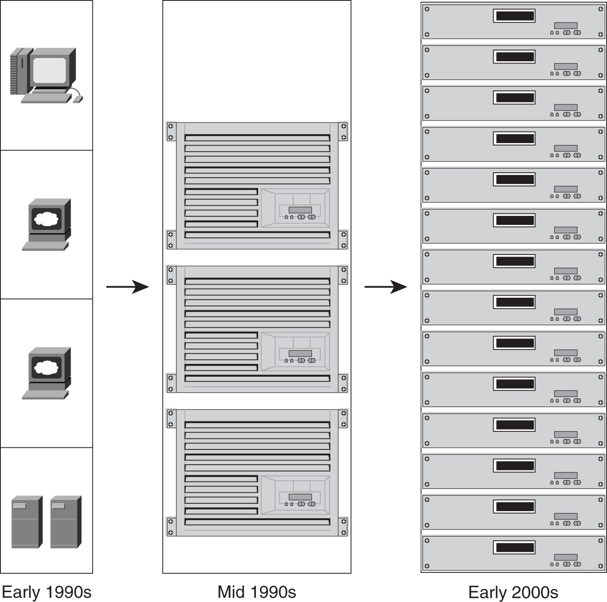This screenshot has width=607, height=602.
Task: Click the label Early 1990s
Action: coord(46,592)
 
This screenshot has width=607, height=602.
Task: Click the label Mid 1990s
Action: coord(257,592)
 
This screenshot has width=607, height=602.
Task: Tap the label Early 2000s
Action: coord(513,592)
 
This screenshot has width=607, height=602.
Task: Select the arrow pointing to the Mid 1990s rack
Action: coord(127,287)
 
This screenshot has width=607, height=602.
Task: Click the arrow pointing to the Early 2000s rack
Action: coord(386,287)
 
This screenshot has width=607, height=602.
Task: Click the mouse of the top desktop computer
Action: coord(78,99)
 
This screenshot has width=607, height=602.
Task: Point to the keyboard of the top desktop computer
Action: coord(46,98)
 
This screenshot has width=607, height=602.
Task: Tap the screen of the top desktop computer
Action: coord(49,70)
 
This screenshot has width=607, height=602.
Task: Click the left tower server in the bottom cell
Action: coord(27,522)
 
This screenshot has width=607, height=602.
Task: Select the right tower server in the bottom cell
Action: coord(66,522)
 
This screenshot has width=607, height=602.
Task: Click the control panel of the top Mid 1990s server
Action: coord(295,208)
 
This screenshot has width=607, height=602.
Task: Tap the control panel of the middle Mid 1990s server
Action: coord(295,352)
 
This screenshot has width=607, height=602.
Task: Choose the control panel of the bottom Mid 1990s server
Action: coord(295,495)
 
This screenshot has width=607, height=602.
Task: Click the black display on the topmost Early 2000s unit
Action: coord(514,16)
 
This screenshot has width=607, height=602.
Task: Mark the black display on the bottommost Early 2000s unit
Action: coord(514,547)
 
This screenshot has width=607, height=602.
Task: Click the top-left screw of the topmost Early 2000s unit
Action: coord(427,9)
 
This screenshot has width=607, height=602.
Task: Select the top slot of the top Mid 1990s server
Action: coord(257,138)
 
